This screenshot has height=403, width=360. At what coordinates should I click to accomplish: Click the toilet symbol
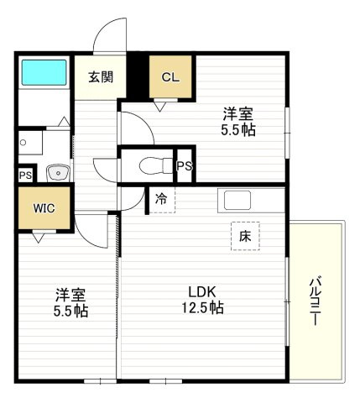(x=154, y=164)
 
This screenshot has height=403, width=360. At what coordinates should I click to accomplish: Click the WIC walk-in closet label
(x=44, y=207)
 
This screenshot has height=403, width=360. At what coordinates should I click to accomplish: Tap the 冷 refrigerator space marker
(x=161, y=200)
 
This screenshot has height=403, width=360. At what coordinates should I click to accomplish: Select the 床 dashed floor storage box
(x=246, y=237)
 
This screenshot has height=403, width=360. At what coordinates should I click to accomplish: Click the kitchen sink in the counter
(x=236, y=201)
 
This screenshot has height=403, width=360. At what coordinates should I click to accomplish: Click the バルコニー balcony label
(x=317, y=300)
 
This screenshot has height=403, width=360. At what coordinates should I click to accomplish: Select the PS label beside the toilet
(x=185, y=165)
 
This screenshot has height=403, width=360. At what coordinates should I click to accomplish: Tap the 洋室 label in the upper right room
(x=237, y=114)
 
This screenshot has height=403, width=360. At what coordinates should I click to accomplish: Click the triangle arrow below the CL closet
(x=159, y=106)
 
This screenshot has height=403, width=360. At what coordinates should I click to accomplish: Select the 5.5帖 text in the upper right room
(x=237, y=130)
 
